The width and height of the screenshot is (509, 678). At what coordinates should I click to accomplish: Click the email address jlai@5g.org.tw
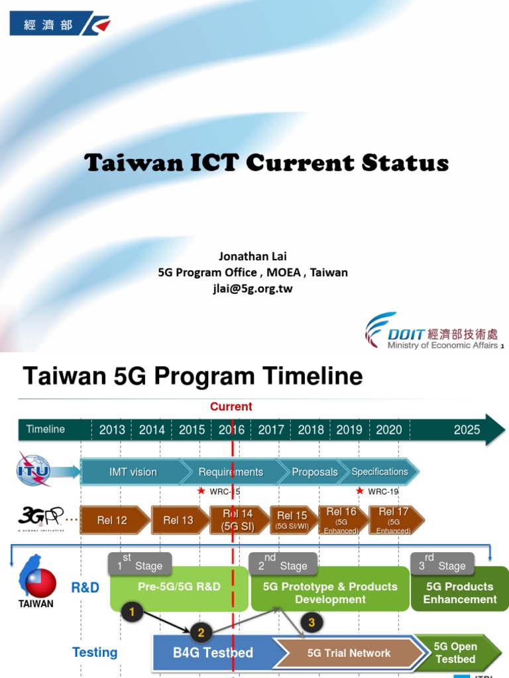(x=253, y=289)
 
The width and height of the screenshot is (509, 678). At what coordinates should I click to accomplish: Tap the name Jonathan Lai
(x=253, y=256)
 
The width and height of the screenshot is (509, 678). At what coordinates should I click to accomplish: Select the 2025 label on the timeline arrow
(x=467, y=430)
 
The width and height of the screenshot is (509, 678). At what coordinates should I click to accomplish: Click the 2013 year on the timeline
(x=112, y=430)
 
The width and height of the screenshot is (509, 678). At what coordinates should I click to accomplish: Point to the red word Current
(x=231, y=407)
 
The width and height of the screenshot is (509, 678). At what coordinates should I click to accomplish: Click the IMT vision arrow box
(x=133, y=472)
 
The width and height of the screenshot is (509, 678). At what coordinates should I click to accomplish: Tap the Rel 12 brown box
(x=113, y=520)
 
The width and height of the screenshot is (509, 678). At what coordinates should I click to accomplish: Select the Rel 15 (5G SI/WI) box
(x=292, y=520)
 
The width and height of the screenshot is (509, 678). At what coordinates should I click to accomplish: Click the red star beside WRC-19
(x=360, y=491)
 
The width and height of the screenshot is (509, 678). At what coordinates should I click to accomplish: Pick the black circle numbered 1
(x=132, y=612)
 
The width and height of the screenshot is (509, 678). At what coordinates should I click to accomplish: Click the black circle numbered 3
(x=311, y=623)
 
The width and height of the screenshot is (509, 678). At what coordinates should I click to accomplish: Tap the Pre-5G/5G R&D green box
(x=179, y=587)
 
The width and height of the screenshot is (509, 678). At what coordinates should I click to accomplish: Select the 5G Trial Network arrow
(x=349, y=653)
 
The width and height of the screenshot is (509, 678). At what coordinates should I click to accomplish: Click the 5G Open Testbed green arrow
(x=455, y=652)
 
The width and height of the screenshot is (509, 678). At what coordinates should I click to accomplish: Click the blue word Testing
(x=95, y=653)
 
